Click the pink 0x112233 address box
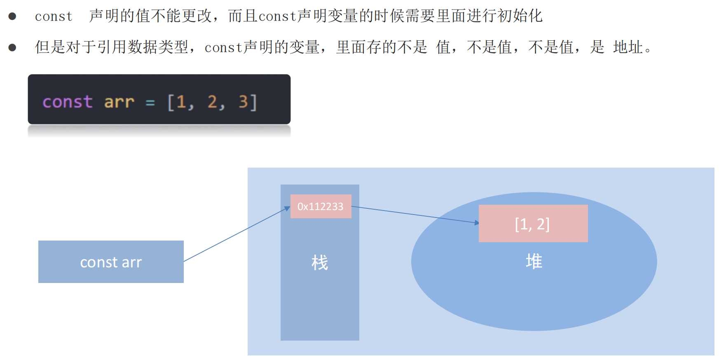click(321, 206)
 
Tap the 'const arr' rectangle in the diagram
click(111, 262)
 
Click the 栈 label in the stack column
click(320, 263)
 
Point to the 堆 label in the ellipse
click(534, 262)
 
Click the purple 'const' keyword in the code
click(68, 102)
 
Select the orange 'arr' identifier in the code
click(119, 102)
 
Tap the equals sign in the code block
click(150, 103)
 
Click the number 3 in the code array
click(243, 102)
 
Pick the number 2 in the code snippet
click(212, 102)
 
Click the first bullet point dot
click(12, 16)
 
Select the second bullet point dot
click(12, 47)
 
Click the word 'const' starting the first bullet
click(54, 16)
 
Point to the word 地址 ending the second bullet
click(628, 47)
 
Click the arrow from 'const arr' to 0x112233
click(237, 234)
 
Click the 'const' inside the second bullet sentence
click(223, 48)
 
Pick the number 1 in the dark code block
click(181, 102)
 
